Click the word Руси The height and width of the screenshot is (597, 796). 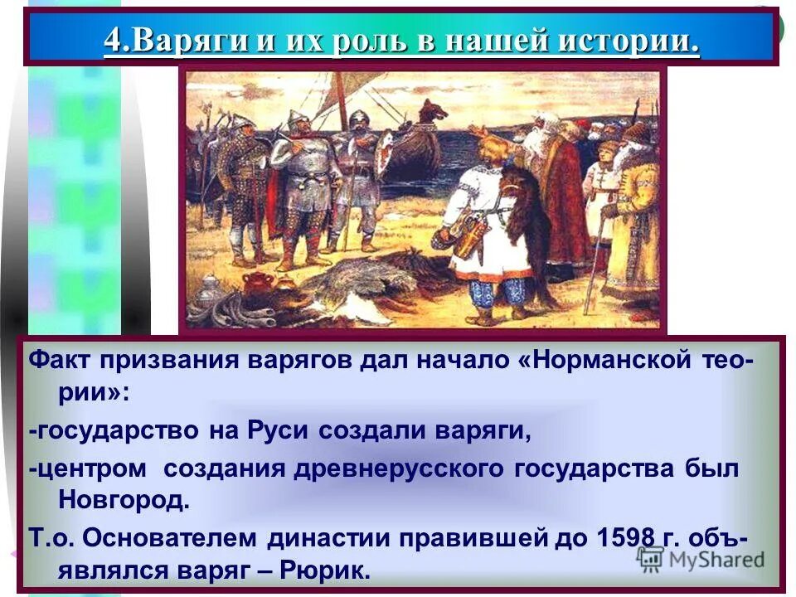276,431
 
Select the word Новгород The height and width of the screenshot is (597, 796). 124,500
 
